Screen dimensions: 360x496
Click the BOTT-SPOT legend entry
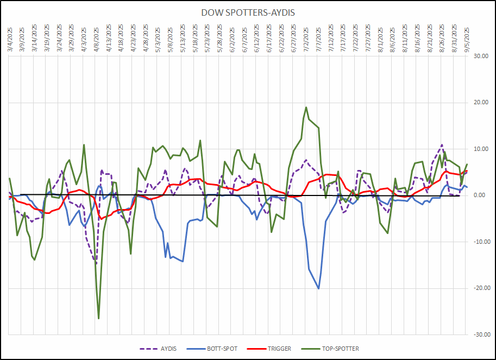tap(217, 349)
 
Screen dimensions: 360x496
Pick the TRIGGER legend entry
tap(274, 349)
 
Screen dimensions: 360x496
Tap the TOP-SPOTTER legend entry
tap(333, 349)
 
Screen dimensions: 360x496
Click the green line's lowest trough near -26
tap(98, 318)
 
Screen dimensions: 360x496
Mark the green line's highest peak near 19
tap(306, 107)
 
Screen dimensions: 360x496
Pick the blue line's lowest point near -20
tap(318, 288)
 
